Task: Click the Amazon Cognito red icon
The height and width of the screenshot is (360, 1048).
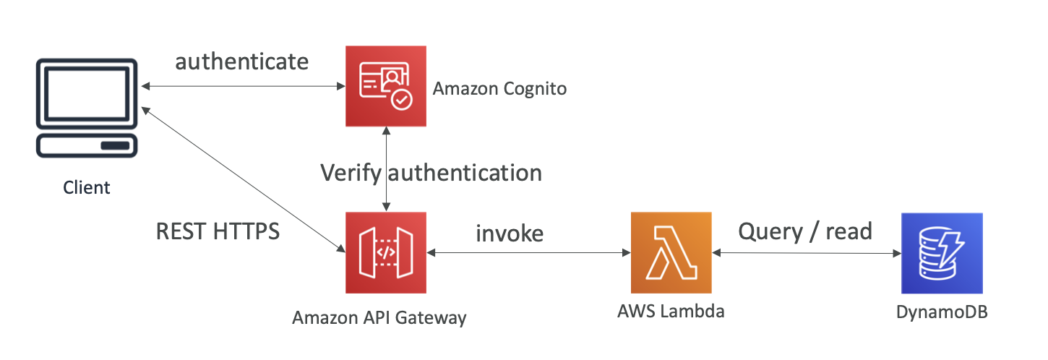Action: pyautogui.click(x=387, y=86)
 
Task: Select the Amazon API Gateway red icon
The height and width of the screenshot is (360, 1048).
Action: pyautogui.click(x=387, y=252)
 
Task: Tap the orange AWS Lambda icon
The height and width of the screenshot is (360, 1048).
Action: pyautogui.click(x=671, y=252)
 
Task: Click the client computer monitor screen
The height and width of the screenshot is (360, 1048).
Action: pyautogui.click(x=87, y=93)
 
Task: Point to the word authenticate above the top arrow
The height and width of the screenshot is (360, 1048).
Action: pyautogui.click(x=242, y=61)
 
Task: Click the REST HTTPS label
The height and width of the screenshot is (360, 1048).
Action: pyautogui.click(x=218, y=231)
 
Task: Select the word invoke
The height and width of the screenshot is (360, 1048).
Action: pyautogui.click(x=510, y=233)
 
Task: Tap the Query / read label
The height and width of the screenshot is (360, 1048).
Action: pyautogui.click(x=805, y=231)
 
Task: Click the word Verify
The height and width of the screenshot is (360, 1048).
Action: pyautogui.click(x=352, y=173)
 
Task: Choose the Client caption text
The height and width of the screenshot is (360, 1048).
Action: pyautogui.click(x=87, y=188)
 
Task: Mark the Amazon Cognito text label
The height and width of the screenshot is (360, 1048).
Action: pyautogui.click(x=499, y=90)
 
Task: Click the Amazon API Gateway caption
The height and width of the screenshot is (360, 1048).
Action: pyautogui.click(x=379, y=317)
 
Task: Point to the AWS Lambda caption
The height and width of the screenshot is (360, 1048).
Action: pyautogui.click(x=671, y=312)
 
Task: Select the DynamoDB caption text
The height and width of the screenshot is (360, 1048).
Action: pyautogui.click(x=942, y=312)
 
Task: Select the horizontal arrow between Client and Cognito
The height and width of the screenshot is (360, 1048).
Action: pyautogui.click(x=243, y=87)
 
